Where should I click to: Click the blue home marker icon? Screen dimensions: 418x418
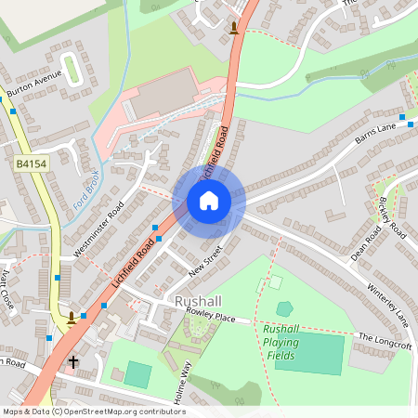tap(209, 201)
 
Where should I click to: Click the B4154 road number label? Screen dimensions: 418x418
tap(31, 163)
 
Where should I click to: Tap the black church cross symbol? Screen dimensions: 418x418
tap(72, 361)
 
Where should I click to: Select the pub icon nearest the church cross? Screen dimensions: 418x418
tap(72, 319)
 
